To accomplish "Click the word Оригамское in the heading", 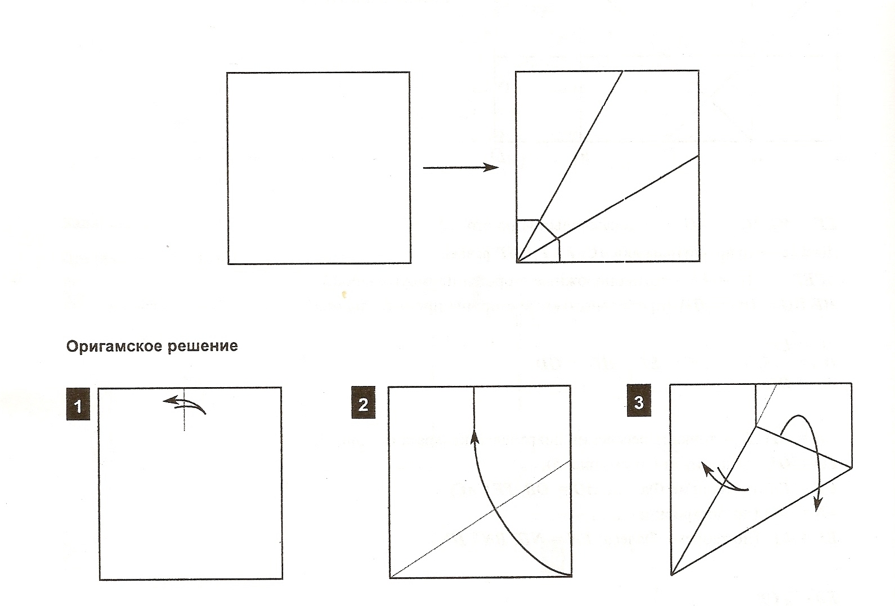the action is (114, 347).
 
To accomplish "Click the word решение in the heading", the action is (203, 347).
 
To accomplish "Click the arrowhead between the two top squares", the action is (491, 167).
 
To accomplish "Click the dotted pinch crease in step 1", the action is (184, 409).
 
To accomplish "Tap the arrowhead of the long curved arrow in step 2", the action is (475, 436).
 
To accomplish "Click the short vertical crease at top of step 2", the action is (473, 408).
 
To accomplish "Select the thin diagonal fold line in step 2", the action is (481, 518).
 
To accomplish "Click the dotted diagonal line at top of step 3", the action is (766, 406).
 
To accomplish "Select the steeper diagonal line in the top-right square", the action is (570, 166).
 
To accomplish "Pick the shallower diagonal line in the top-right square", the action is (608, 208).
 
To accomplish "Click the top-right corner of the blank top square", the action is (410, 73).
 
